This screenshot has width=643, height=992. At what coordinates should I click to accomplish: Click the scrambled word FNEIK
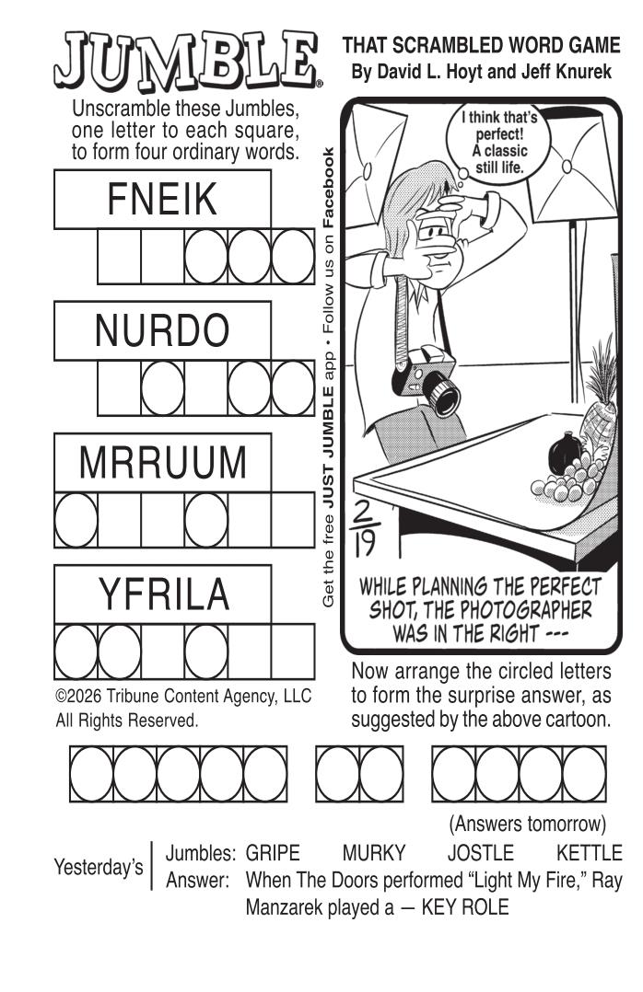pyautogui.click(x=162, y=200)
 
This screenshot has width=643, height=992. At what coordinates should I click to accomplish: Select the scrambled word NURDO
pyautogui.click(x=162, y=330)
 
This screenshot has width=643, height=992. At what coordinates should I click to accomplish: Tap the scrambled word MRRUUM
pyautogui.click(x=163, y=463)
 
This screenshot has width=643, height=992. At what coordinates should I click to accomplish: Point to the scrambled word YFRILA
pyautogui.click(x=163, y=594)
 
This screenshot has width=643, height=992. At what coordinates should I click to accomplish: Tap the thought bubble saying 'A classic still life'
pyautogui.click(x=499, y=143)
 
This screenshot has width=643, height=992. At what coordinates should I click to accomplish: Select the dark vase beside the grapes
pyautogui.click(x=564, y=452)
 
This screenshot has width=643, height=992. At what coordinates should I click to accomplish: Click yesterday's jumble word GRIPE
pyautogui.click(x=273, y=853)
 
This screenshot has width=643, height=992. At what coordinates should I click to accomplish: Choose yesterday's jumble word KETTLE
pyautogui.click(x=590, y=853)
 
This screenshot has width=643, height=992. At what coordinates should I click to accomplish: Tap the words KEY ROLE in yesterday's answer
pyautogui.click(x=465, y=907)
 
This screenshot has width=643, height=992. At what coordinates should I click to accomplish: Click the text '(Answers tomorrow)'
pyautogui.click(x=528, y=824)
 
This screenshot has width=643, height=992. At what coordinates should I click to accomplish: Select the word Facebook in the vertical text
pyautogui.click(x=328, y=188)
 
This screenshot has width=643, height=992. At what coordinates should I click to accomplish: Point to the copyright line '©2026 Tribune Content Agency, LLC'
pyautogui.click(x=183, y=696)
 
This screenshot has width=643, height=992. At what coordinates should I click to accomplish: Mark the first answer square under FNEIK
pyautogui.click(x=119, y=256)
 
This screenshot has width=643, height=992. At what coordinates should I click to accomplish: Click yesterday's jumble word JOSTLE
pyautogui.click(x=481, y=853)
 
